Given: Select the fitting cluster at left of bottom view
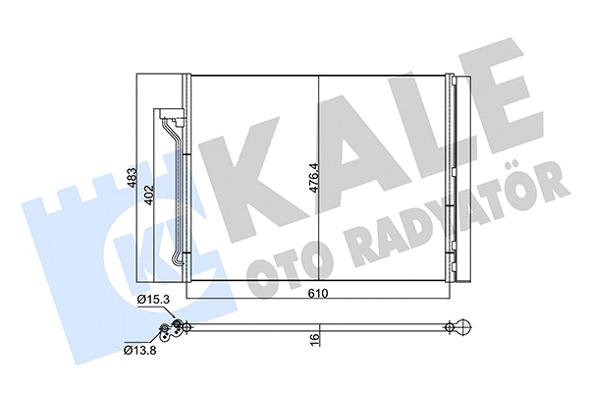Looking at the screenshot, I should pos(177,329).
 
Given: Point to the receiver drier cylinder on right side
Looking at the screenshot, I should pos(453,177).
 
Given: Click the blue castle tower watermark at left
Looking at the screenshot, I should pos(69,236).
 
